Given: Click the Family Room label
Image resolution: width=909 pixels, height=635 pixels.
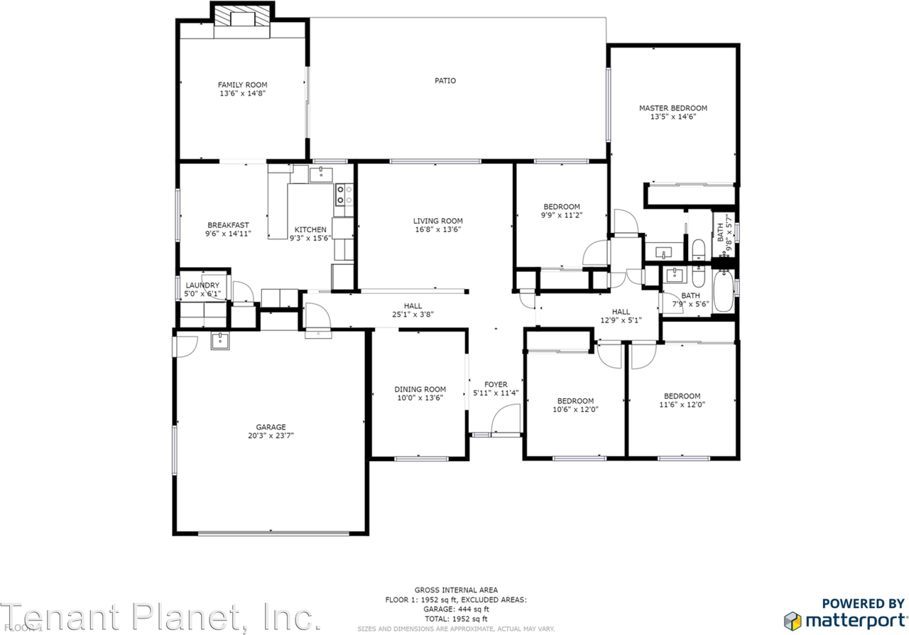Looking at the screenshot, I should [x=242, y=85].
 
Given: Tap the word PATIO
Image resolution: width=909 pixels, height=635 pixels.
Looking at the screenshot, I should [x=445, y=81].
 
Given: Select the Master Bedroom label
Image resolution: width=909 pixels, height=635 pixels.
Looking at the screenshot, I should [x=673, y=109].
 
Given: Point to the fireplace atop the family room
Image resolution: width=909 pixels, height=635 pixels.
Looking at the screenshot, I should [x=242, y=16].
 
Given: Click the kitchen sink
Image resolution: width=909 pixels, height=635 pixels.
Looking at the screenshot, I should [x=322, y=173].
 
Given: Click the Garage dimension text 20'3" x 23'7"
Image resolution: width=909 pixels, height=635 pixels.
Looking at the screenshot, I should [x=266, y=436].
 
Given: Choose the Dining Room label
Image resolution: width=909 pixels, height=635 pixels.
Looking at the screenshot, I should [x=420, y=389].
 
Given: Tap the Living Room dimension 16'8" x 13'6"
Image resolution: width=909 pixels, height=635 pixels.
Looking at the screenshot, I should [x=438, y=229].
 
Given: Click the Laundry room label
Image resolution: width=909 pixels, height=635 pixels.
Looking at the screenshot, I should [x=202, y=286].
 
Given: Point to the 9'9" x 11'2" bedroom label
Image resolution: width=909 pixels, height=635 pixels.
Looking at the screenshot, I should [x=562, y=207].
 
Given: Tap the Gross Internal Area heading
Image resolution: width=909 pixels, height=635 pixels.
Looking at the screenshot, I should [x=456, y=590].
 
